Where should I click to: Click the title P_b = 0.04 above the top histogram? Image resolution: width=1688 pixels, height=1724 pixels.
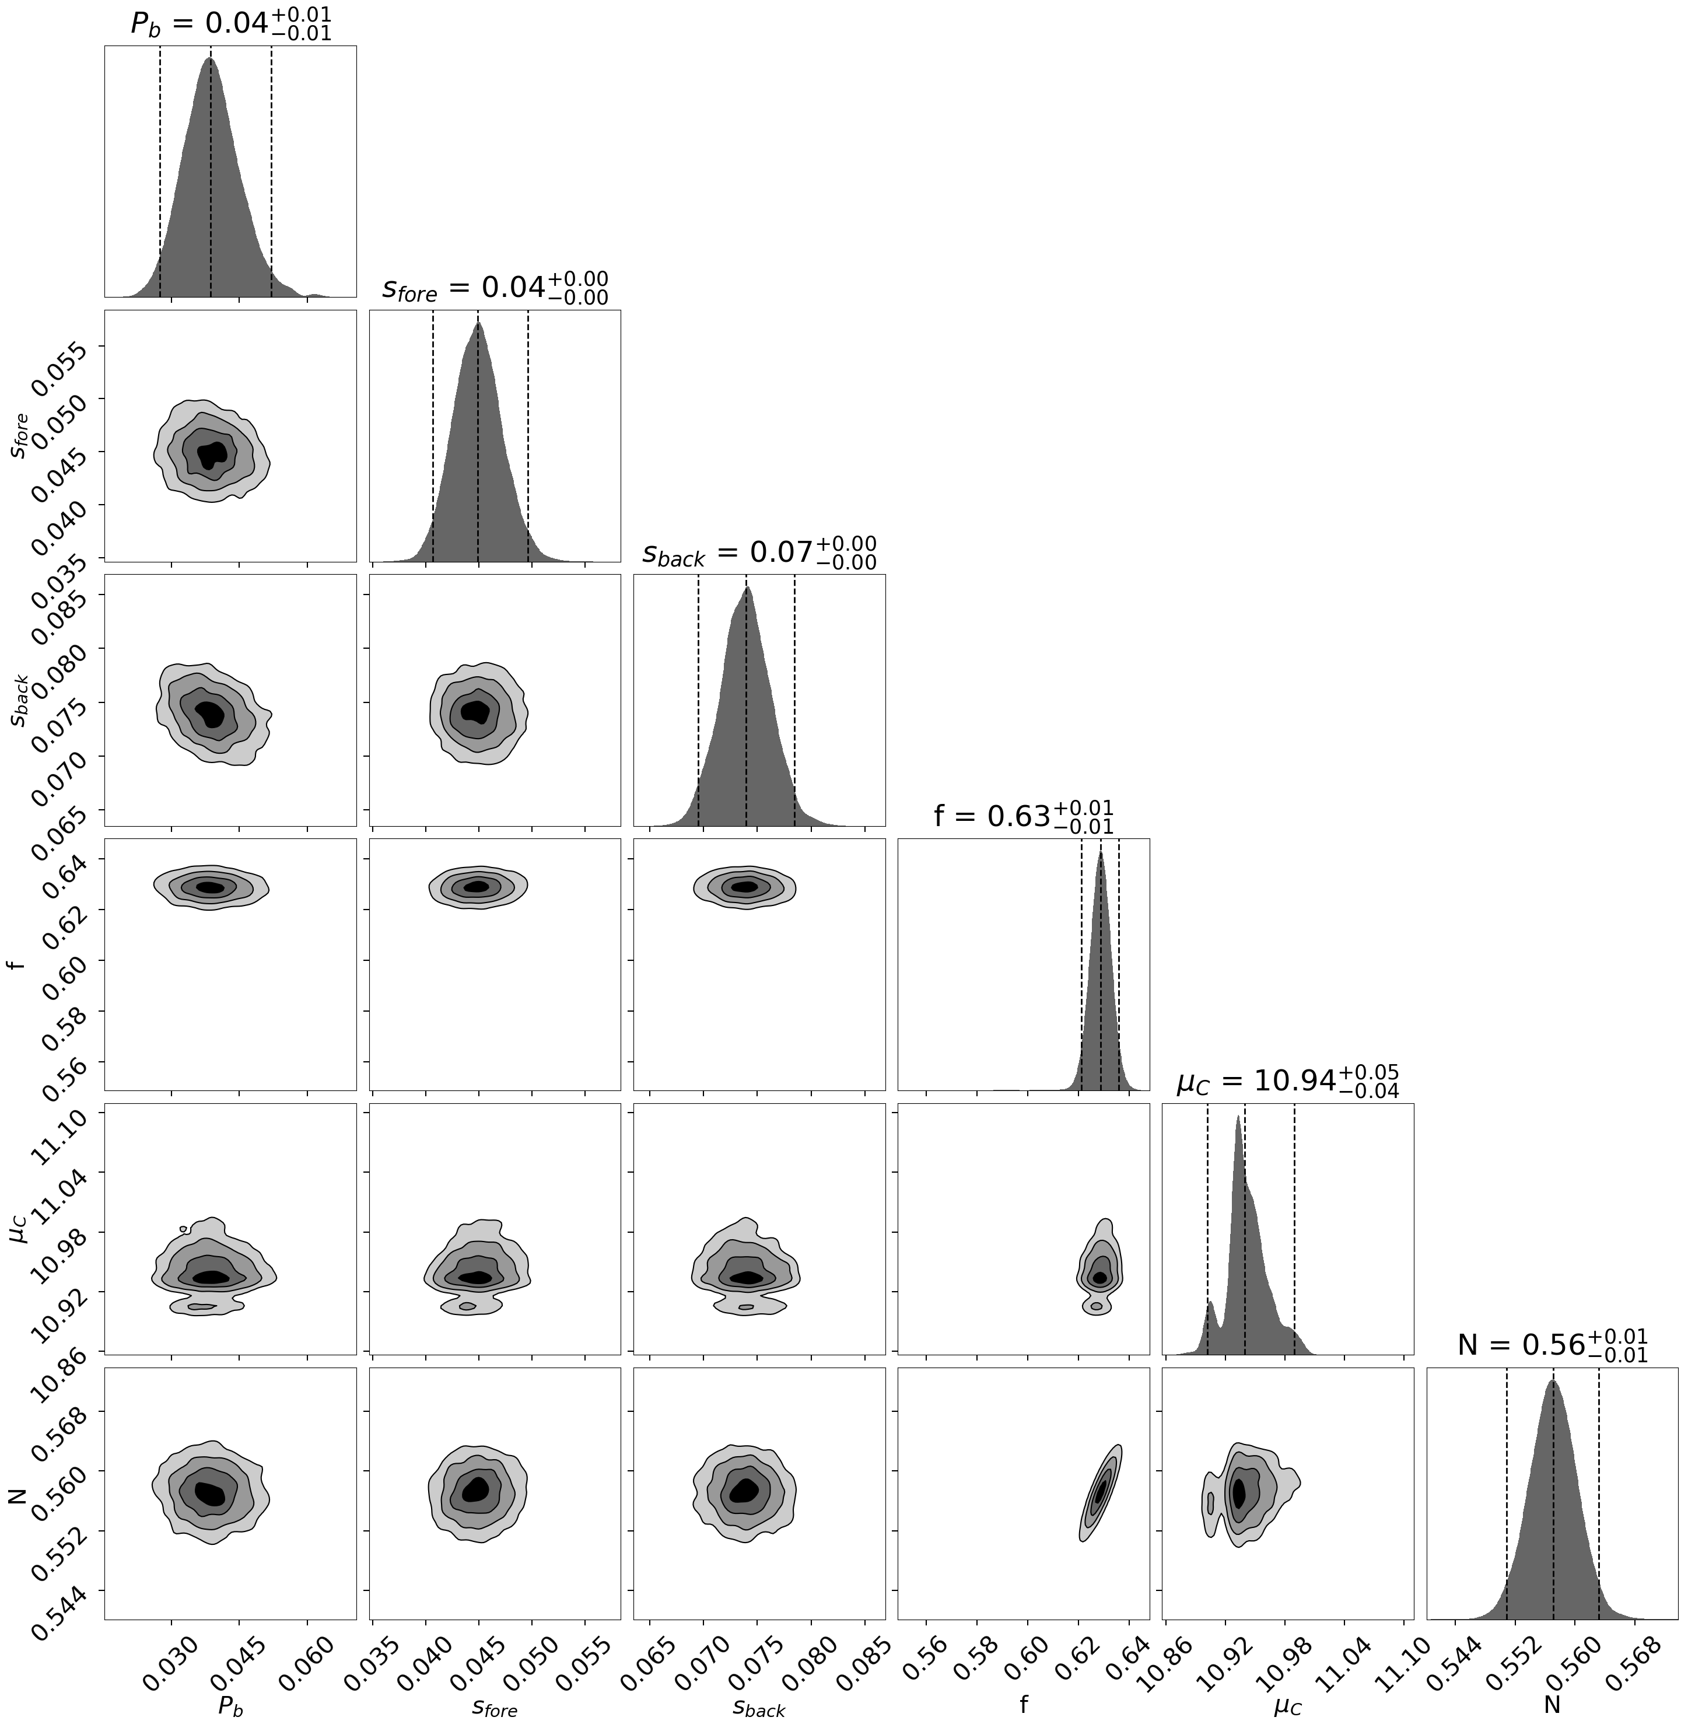point(230,24)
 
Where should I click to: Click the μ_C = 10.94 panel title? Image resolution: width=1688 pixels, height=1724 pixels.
point(1287,1082)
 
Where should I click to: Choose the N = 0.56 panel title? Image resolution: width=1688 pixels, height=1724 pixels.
point(1552,1346)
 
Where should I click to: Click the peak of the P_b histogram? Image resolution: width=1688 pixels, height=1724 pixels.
point(210,60)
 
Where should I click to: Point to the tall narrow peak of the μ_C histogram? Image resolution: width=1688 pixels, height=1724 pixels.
point(1238,1119)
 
